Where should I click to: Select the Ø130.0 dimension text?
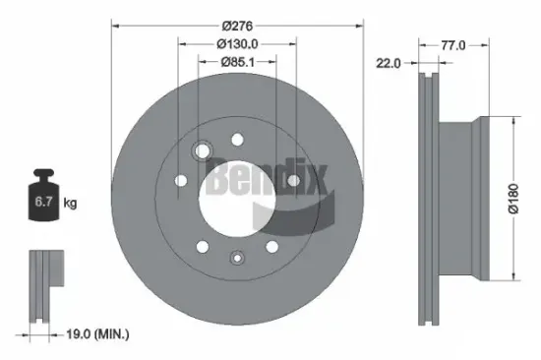click(237, 42)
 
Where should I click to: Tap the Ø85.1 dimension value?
click(237, 62)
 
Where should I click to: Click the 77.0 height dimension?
click(451, 44)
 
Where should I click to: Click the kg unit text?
click(71, 205)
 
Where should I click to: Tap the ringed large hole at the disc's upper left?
click(205, 150)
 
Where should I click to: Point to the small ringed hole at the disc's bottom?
click(236, 258)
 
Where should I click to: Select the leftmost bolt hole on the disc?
click(181, 180)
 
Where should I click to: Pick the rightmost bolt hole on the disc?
click(293, 180)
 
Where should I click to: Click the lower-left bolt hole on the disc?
click(201, 247)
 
